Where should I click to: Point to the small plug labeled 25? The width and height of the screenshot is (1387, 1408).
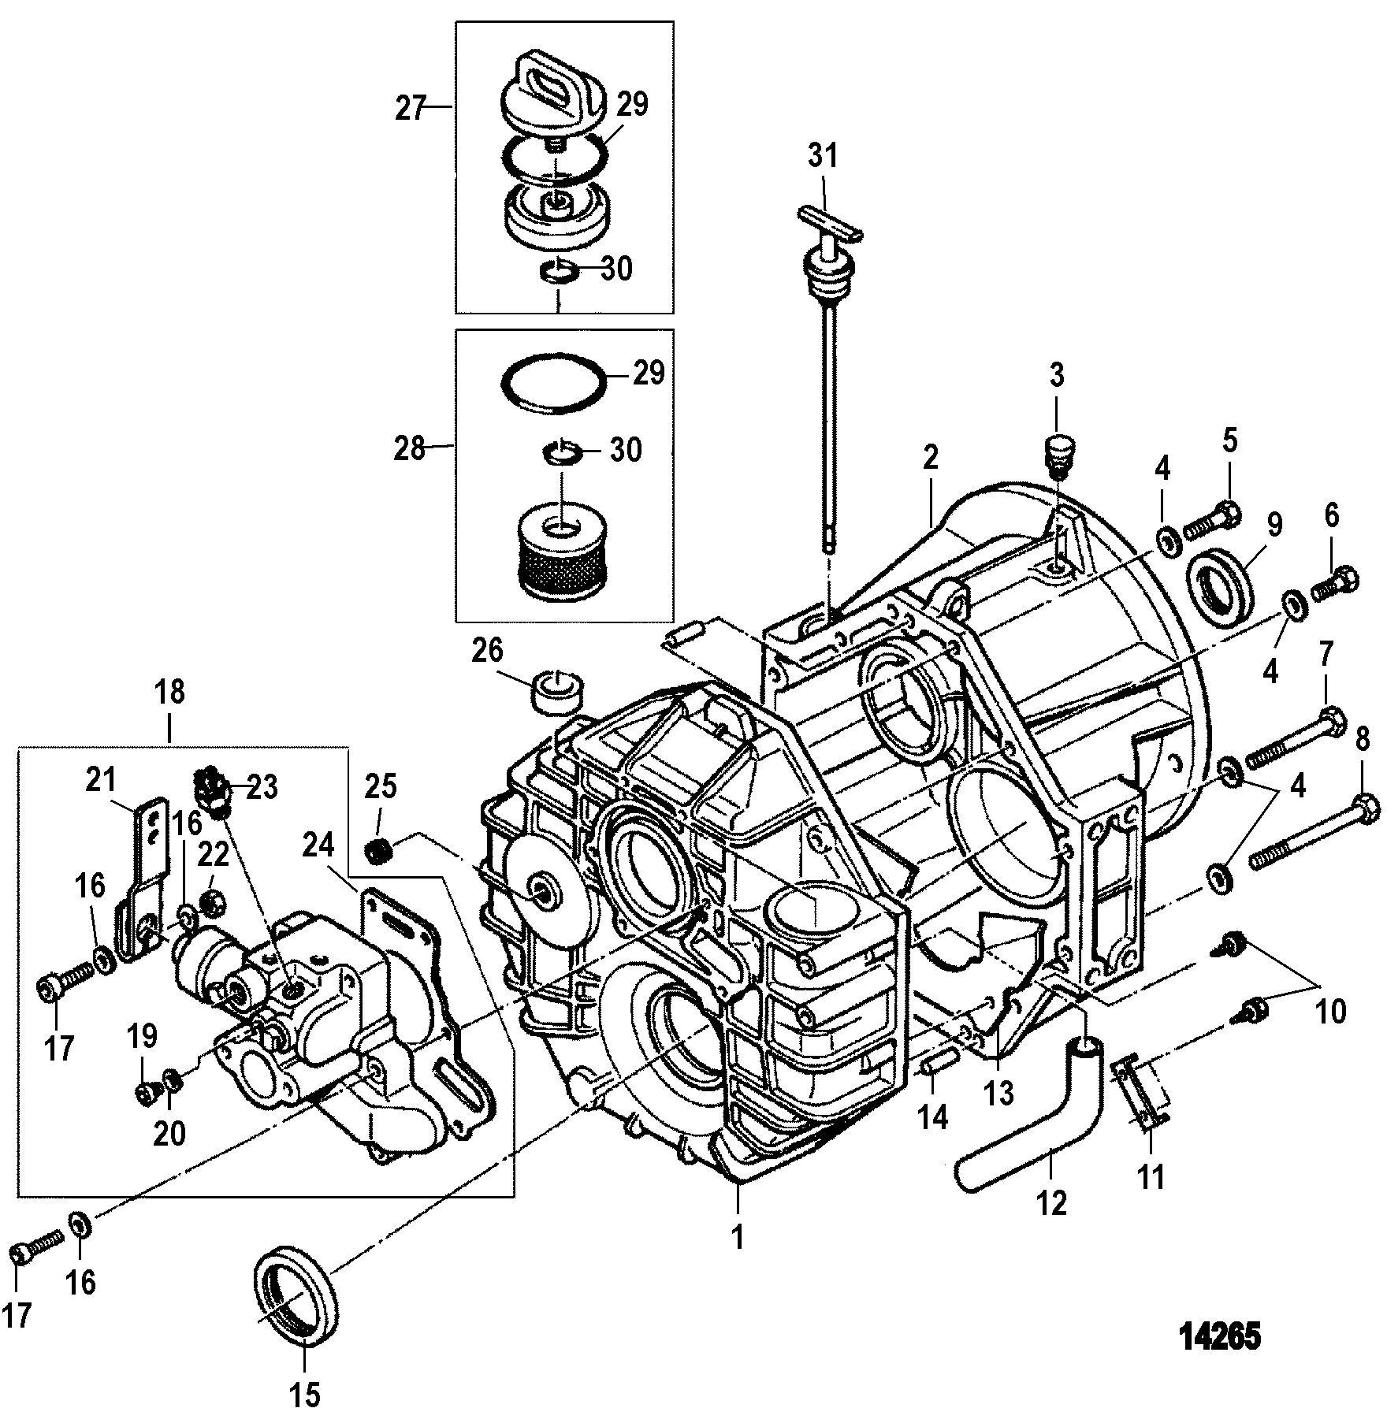click(380, 851)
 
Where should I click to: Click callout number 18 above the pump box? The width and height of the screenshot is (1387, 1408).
click(170, 692)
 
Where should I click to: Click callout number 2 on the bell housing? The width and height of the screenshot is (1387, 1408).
click(931, 458)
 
